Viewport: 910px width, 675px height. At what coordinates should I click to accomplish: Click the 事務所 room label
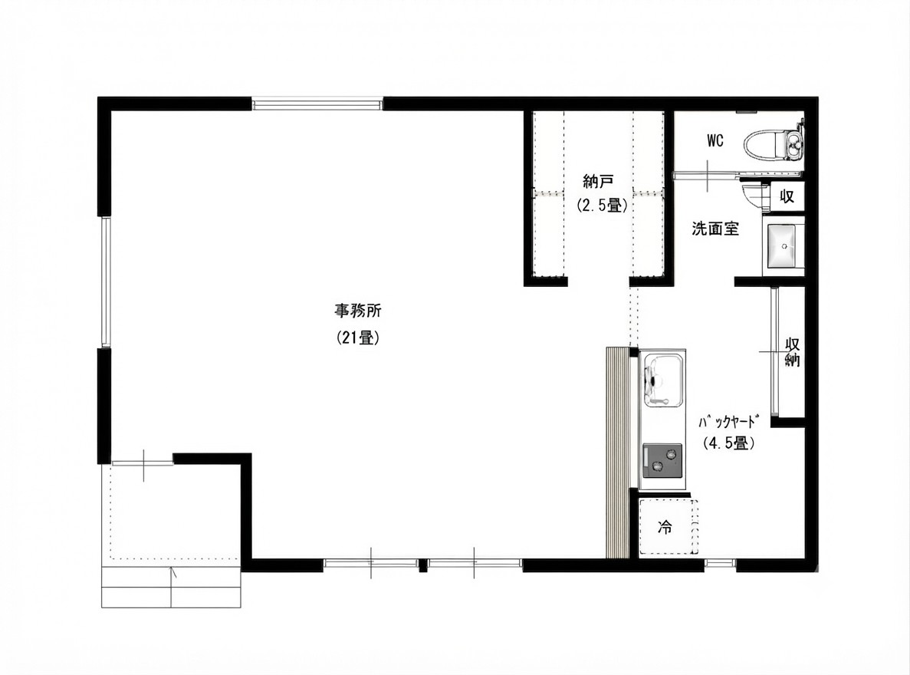coord(357,311)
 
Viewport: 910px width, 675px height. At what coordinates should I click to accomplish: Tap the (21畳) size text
coord(358,338)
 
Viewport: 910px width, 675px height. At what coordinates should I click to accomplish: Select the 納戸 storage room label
coord(598,182)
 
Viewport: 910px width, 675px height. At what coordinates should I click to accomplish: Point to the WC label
coord(715,140)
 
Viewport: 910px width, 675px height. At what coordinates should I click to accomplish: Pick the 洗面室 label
coord(715,229)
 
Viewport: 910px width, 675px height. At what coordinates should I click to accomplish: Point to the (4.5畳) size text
coord(728,443)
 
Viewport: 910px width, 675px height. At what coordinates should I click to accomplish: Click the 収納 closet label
coord(792,352)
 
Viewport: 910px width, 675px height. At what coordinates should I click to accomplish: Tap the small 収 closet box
coord(787,196)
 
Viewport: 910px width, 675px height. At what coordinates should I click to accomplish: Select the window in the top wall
coord(317,104)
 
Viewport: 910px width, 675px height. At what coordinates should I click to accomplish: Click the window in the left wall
coord(105,282)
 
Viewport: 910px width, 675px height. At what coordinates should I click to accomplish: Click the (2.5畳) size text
coord(601,205)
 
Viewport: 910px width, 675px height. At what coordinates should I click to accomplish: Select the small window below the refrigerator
coord(720,563)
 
